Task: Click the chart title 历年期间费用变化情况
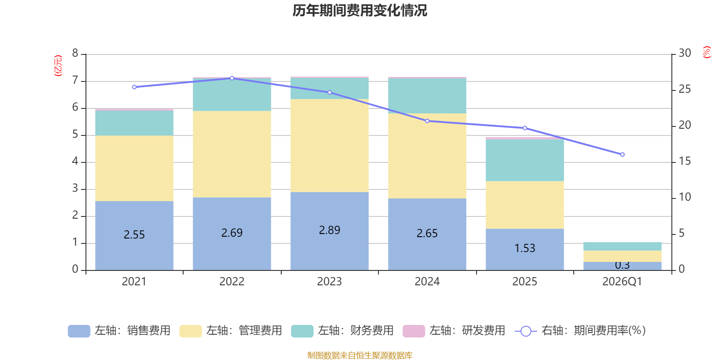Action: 360,11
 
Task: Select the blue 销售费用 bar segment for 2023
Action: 329,231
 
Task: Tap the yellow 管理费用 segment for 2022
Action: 232,154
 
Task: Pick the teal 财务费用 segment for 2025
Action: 525,160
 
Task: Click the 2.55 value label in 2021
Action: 134,234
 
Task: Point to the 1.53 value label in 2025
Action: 525,248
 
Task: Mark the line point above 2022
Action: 232,78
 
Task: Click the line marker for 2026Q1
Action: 622,155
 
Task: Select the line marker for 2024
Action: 427,121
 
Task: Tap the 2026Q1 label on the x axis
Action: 622,282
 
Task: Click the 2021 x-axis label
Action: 134,282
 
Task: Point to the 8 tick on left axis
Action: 75,53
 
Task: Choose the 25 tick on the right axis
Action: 684,89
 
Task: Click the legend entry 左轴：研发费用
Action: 454,331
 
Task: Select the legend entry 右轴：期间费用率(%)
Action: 580,331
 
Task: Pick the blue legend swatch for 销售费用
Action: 79,331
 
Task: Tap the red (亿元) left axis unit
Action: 58,66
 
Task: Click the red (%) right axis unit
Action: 706,52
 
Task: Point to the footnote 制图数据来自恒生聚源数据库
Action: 360,355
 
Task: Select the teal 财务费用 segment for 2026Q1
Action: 622,247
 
